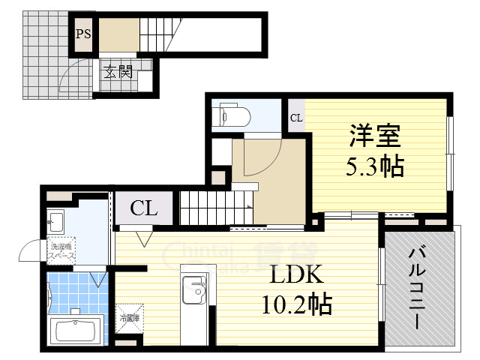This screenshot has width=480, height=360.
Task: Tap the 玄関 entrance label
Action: [x=118, y=73]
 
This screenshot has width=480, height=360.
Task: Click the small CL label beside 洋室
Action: [x=296, y=118]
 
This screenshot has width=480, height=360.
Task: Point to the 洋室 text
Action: [x=375, y=137]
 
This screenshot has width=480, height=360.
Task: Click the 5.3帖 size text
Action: [x=374, y=166]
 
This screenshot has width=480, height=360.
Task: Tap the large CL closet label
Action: [x=145, y=208]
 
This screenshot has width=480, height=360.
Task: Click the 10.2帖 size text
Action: [x=297, y=304]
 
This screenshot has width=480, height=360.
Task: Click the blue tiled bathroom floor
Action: [x=75, y=294]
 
